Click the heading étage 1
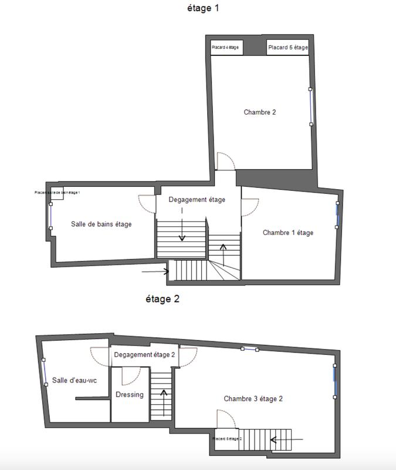202,8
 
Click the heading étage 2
162,298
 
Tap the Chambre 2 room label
259,112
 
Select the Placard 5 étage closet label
287,48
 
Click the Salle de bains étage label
101,224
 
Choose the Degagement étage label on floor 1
197,200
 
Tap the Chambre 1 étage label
288,233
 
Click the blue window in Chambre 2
312,106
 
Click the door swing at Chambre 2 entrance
226,161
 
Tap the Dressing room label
130,394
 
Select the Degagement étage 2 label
144,355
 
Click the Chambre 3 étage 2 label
253,398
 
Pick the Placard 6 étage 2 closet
227,439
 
